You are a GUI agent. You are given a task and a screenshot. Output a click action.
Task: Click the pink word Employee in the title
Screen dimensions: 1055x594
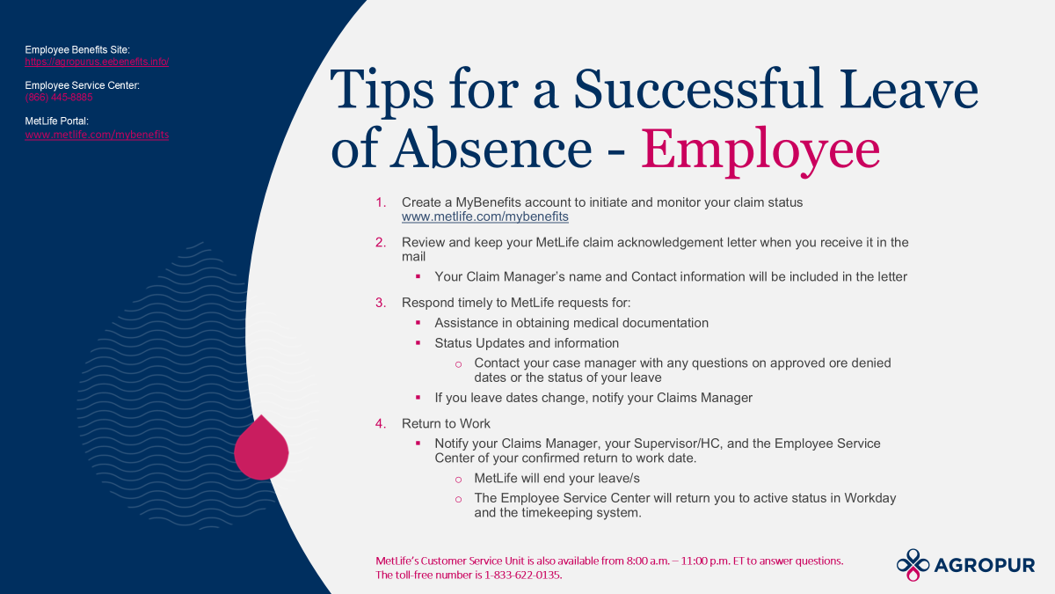[x=760, y=150]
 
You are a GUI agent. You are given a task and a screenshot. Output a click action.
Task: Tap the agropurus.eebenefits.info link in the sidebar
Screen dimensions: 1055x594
[x=97, y=62]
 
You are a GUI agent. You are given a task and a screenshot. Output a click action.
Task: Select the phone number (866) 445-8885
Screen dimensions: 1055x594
[x=59, y=98]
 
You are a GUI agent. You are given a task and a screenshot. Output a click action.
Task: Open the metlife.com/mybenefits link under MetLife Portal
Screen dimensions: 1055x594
[x=97, y=135]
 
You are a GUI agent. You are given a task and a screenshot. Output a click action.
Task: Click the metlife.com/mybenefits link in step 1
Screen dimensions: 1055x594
[x=484, y=216]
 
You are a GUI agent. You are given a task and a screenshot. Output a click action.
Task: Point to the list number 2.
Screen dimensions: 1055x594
[x=381, y=242]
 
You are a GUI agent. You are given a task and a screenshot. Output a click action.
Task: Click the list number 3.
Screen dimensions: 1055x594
[x=381, y=303]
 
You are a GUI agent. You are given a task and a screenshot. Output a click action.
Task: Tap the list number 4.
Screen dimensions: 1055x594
[x=381, y=424]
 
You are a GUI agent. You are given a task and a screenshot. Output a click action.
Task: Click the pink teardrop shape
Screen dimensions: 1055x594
[x=261, y=450]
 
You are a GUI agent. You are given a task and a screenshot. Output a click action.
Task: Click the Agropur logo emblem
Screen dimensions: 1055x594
[x=913, y=565]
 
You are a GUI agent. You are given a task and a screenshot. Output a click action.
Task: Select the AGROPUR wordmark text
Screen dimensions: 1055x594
[x=985, y=565]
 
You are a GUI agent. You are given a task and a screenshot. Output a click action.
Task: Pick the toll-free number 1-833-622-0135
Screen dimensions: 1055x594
[x=522, y=576]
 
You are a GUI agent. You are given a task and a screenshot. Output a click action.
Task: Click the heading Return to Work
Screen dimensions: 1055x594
[x=446, y=424]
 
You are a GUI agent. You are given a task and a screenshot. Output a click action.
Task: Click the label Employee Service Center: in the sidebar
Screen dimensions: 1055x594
[x=82, y=85]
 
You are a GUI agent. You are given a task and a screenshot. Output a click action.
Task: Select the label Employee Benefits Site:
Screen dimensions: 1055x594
[x=77, y=50]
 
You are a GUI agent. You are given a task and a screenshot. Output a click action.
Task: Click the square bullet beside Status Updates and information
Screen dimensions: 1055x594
[x=418, y=342]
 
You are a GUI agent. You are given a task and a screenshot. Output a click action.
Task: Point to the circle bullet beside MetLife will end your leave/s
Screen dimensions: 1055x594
[x=458, y=480]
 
